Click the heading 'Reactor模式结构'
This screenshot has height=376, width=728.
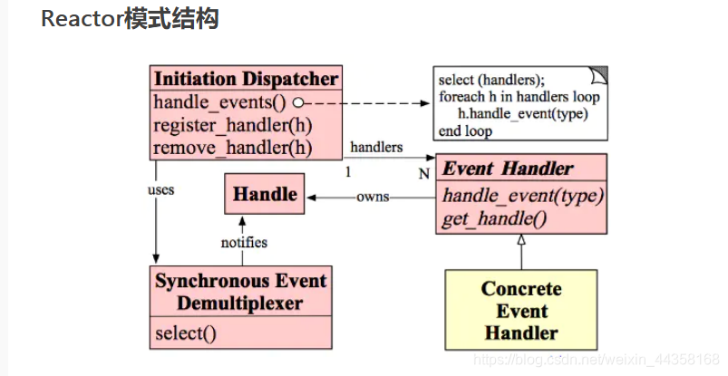point(130,18)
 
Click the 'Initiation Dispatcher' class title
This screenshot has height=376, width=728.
point(246,78)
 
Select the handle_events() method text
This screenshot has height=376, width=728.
point(220,101)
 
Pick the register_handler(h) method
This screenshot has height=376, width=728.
point(232,125)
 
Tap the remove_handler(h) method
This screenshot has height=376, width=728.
point(232,148)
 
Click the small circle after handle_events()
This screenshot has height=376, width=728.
point(296,102)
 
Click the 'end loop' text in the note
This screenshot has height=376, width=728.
point(465,130)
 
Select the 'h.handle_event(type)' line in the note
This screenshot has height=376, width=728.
point(523,113)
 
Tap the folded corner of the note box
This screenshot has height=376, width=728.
point(598,74)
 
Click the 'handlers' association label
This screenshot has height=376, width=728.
point(376,147)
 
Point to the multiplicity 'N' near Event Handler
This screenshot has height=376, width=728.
point(423,174)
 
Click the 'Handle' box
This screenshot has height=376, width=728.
point(265,194)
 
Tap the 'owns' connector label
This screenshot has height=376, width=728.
point(372,196)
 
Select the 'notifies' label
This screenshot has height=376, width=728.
point(244,242)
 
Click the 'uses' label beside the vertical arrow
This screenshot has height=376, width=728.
point(160,190)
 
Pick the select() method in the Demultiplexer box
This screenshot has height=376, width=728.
point(185,333)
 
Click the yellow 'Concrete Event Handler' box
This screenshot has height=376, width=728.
point(521,310)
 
